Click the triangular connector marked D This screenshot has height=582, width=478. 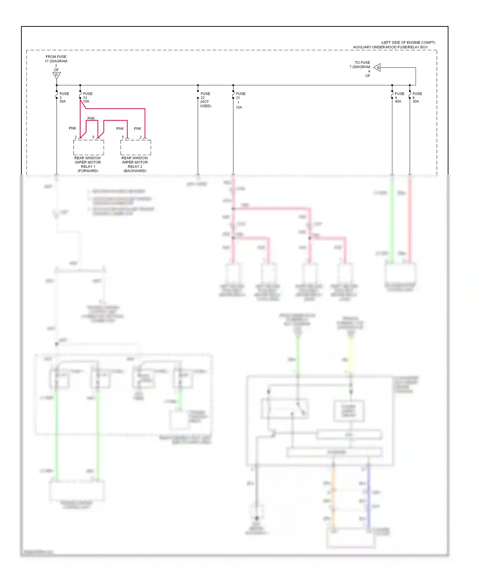pos(56,75)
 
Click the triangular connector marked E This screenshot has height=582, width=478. pos(377,67)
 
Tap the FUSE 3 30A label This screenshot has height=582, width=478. pos(64,97)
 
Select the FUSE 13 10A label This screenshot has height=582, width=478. pos(88,97)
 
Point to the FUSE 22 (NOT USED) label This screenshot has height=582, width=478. pos(206,100)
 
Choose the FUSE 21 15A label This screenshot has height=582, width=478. pos(240,100)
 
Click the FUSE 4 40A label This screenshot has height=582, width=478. pos(399,97)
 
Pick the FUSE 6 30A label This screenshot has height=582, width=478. pos(417,97)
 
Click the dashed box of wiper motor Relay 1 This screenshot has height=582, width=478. pos(89,147)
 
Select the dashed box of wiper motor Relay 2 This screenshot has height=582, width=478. pos(136,147)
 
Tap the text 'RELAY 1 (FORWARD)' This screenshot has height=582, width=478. pos(88,169)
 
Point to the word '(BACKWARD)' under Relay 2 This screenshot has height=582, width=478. pos(135,171)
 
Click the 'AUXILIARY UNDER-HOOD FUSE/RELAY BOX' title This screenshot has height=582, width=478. pos(390,47)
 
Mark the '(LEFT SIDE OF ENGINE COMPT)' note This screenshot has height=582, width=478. pos(408,42)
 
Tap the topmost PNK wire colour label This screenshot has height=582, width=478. pos(91,118)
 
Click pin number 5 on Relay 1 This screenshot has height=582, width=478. pos(93,137)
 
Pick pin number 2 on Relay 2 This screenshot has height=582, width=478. pos(141,137)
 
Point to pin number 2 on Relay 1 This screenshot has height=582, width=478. pos(76,137)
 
